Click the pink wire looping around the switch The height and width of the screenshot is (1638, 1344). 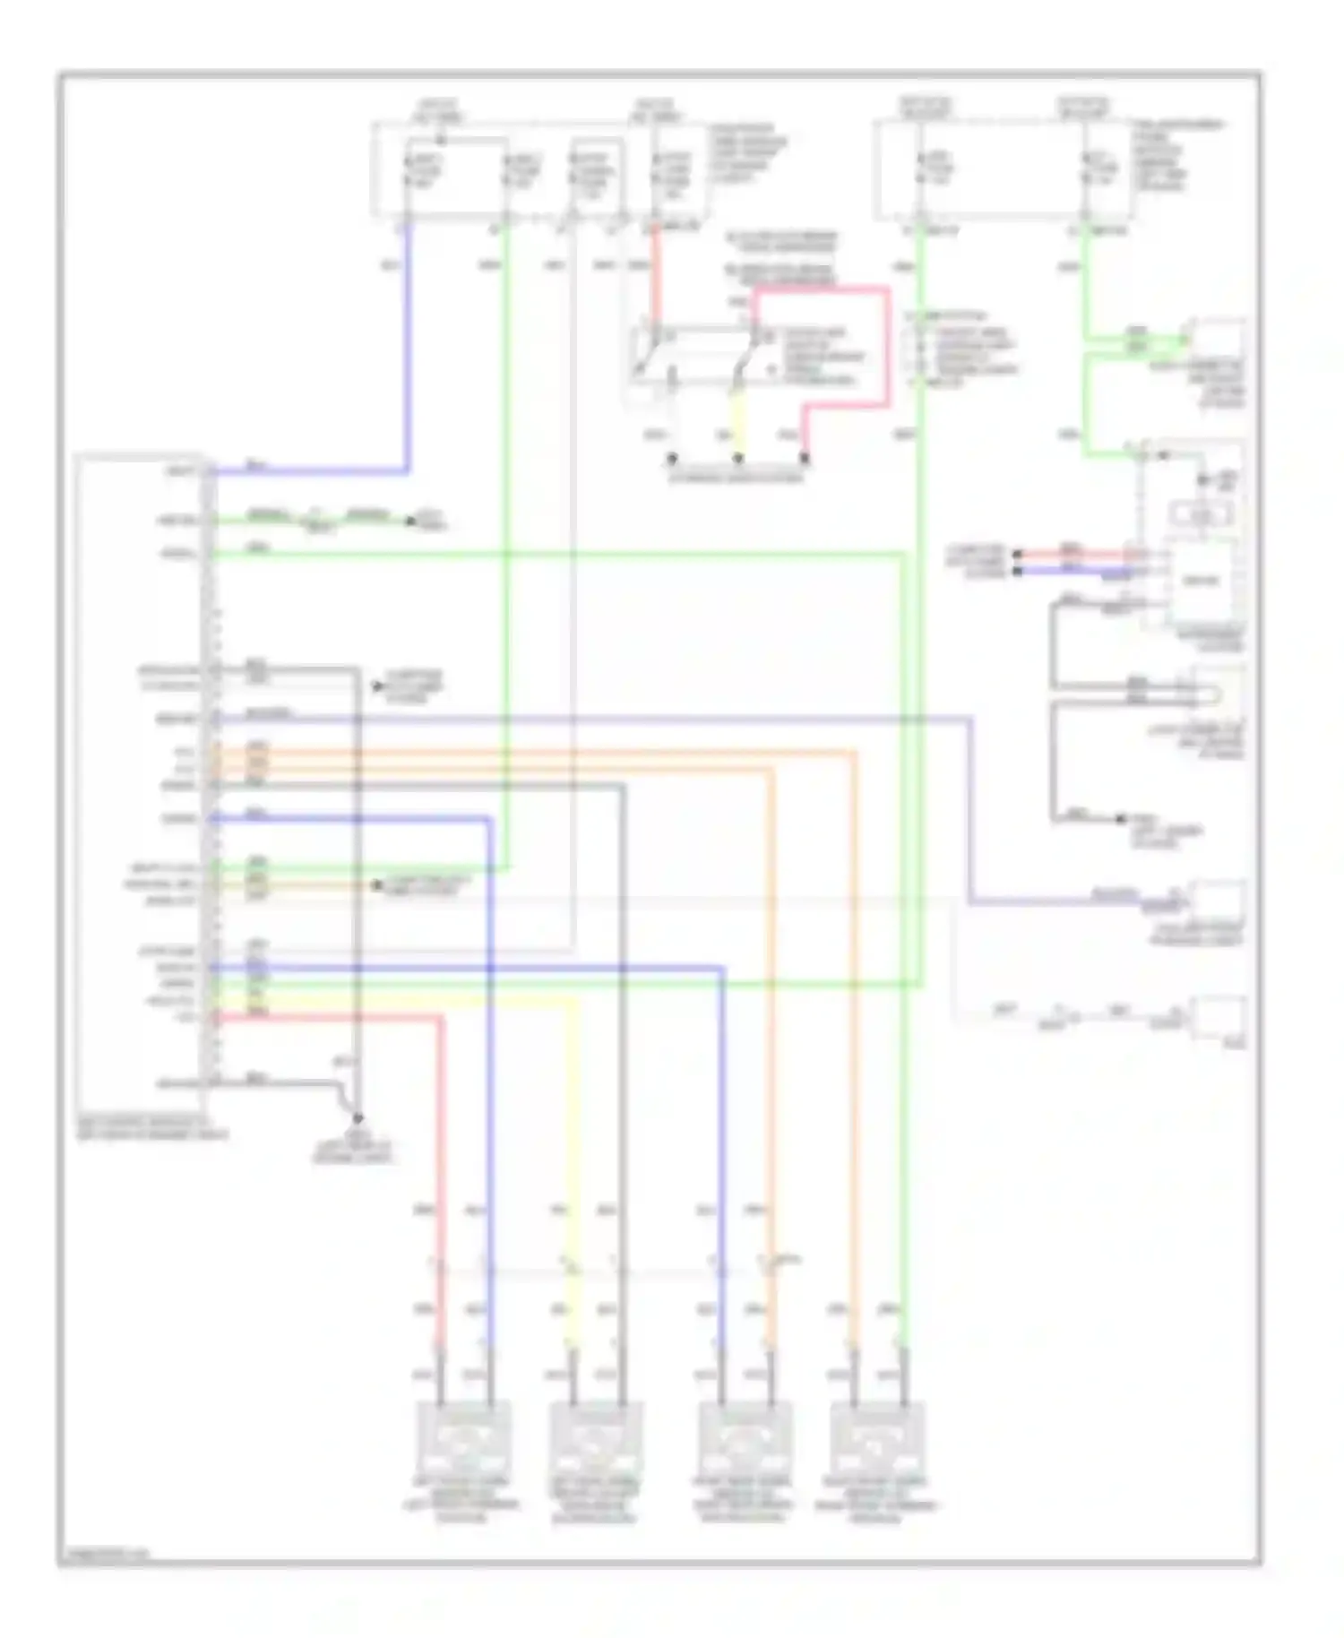[x=887, y=349]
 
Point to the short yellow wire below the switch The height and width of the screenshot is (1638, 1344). [x=738, y=417]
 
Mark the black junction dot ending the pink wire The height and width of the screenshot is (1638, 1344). [x=805, y=460]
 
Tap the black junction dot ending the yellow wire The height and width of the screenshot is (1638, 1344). [x=738, y=460]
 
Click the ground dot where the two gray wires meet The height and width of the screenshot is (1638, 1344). [x=357, y=1118]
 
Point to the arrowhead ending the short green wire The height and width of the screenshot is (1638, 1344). [x=412, y=520]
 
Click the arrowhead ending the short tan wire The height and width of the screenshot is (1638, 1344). [x=378, y=885]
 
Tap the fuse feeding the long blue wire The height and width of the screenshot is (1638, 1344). [x=408, y=170]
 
